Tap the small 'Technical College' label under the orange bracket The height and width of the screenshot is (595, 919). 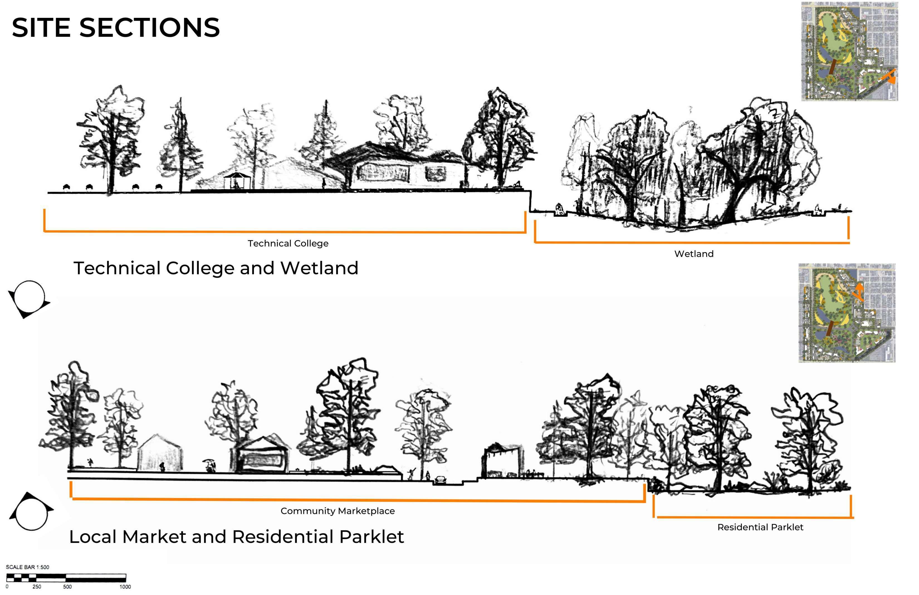click(288, 243)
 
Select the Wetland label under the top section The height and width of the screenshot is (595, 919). click(694, 254)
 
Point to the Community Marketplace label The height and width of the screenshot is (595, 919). click(338, 511)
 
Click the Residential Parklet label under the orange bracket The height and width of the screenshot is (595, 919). click(760, 527)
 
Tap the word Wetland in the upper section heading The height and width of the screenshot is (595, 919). click(319, 268)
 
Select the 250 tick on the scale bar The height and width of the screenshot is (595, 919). click(37, 587)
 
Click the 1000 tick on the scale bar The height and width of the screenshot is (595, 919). click(125, 587)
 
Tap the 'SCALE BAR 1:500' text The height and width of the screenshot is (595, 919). click(27, 567)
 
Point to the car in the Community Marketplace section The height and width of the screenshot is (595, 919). click(441, 480)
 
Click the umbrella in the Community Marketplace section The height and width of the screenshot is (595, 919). click(209, 461)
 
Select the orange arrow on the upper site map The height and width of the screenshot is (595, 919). click(888, 77)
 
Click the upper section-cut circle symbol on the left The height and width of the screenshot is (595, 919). click(29, 298)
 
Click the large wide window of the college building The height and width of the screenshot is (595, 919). click(383, 172)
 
